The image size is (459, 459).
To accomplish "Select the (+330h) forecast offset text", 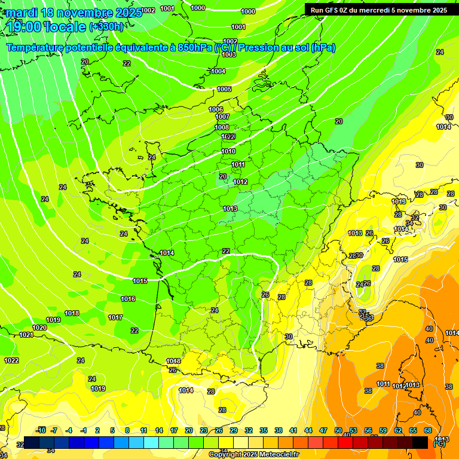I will click(106, 26).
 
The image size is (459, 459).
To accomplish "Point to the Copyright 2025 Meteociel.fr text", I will click(253, 455).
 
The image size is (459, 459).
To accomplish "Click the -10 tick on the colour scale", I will click(41, 430).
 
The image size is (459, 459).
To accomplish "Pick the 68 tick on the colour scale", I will click(428, 430).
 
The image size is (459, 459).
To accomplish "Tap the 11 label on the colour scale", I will click(143, 430).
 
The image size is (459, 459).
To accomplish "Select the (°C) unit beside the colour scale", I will click(439, 443).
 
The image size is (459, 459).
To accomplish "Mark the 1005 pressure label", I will click(224, 89).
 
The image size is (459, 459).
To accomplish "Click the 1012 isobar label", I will click(240, 182).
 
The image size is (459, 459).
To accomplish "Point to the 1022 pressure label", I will click(11, 360).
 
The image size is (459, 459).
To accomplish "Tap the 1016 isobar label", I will click(128, 299).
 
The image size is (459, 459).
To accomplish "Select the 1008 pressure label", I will click(222, 127).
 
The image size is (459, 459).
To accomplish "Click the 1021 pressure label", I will click(26, 335).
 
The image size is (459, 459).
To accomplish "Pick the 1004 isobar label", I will click(218, 71).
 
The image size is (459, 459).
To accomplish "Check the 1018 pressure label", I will click(72, 313).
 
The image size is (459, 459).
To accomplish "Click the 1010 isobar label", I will click(228, 151).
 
